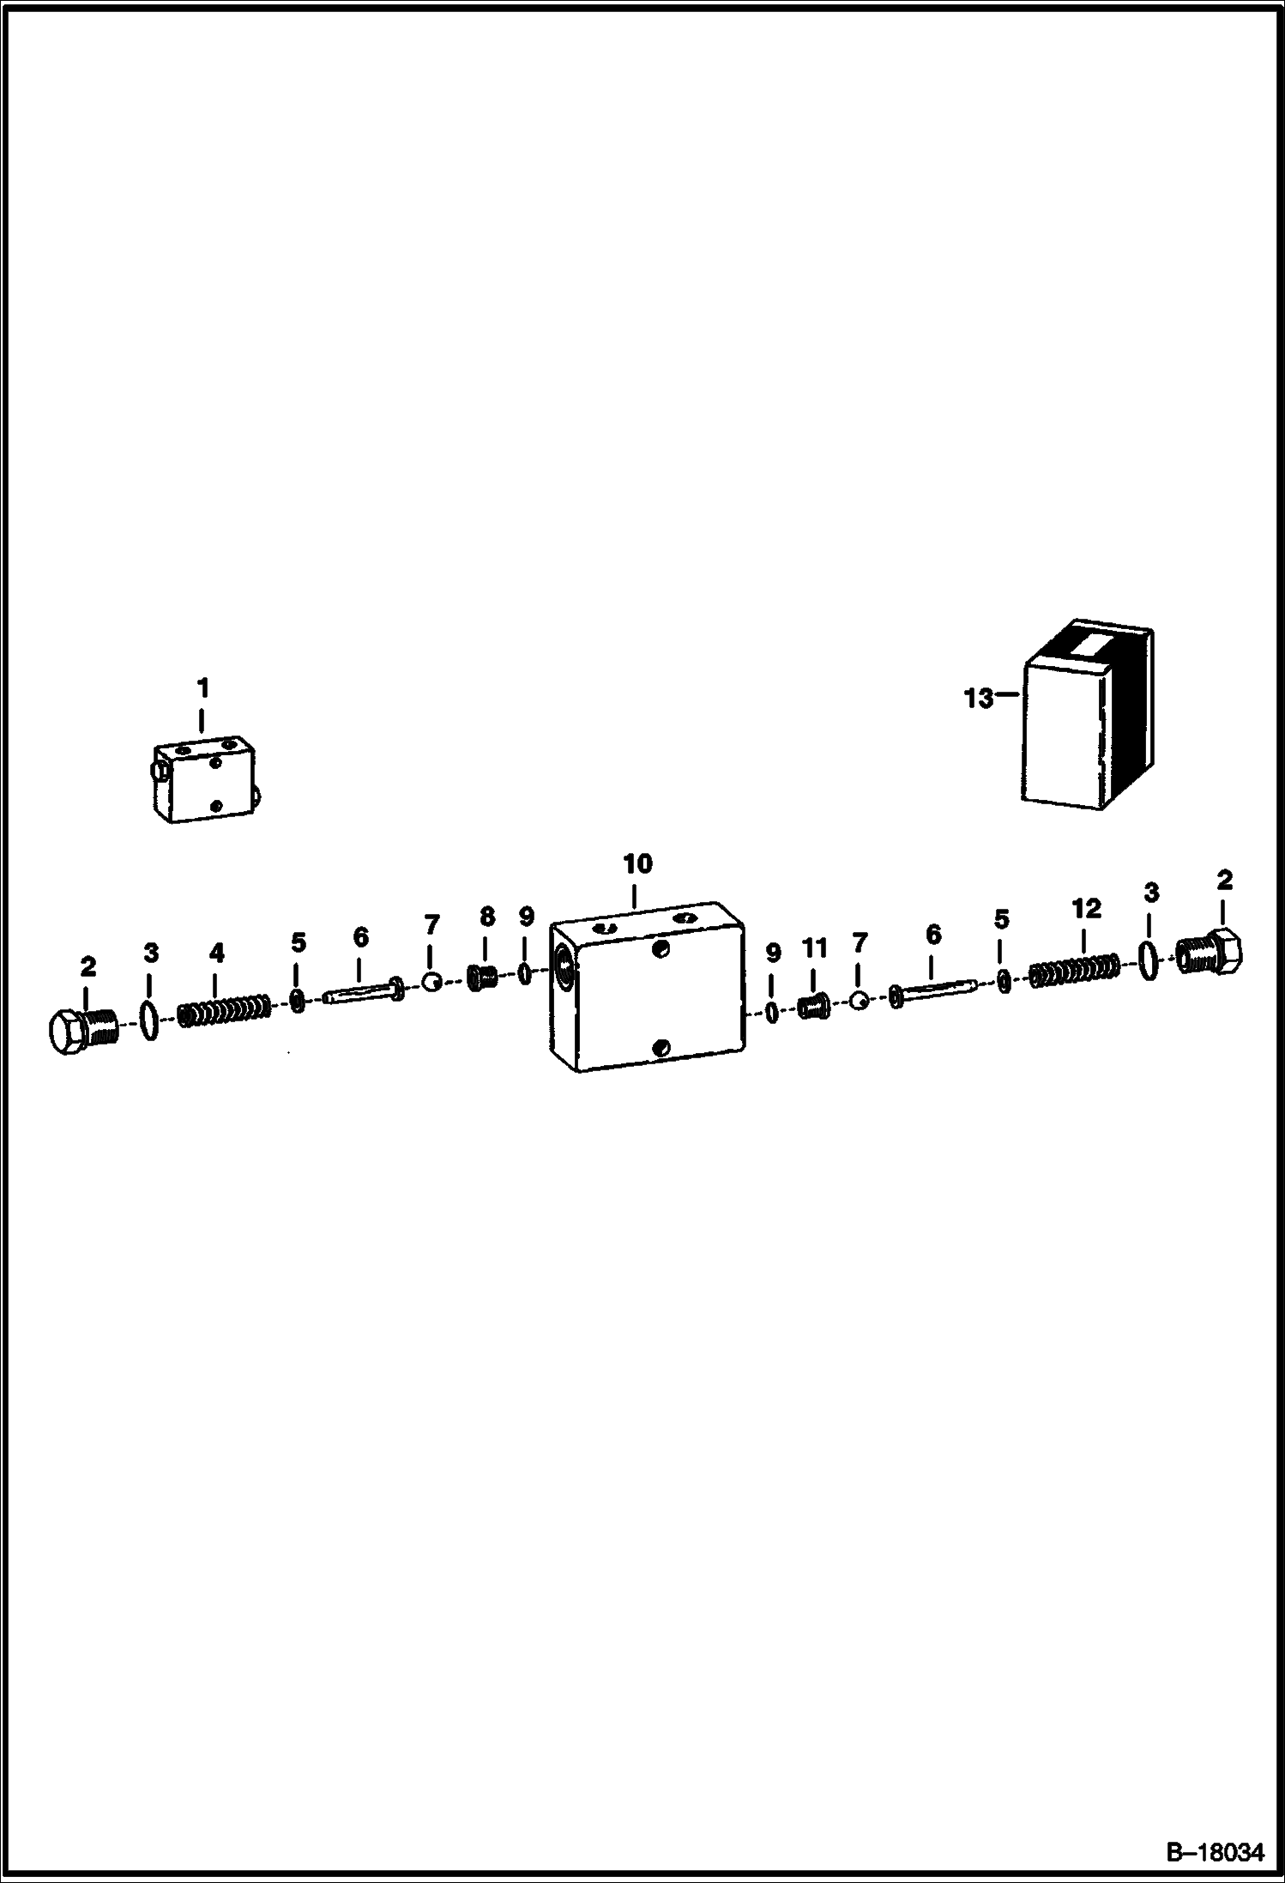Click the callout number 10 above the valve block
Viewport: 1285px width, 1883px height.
pos(637,864)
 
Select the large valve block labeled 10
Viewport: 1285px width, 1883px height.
pos(647,986)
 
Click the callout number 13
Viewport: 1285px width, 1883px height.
pos(978,699)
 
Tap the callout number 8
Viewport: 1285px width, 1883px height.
pos(487,917)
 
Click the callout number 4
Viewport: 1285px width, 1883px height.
pos(217,952)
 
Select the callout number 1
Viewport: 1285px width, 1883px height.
pos(202,688)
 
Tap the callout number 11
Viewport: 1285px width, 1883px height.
pos(814,948)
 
